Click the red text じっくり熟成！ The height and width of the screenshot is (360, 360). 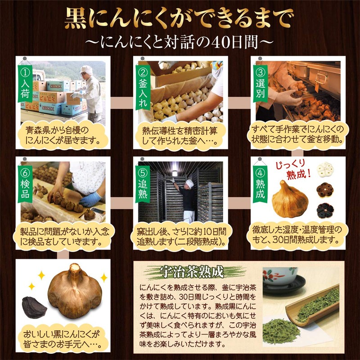pyautogui.click(x=293, y=167)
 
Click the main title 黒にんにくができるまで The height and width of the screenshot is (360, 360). pyautogui.click(x=180, y=18)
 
